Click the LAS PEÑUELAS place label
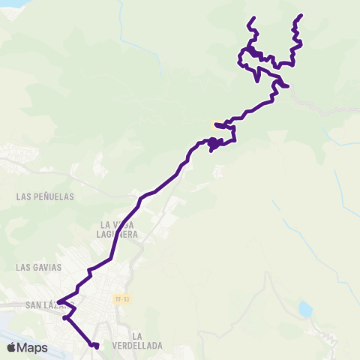[x=44, y=196]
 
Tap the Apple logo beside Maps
[x=10, y=347]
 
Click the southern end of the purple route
[x=97, y=346]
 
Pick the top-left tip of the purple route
[x=253, y=17]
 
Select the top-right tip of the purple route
[x=301, y=15]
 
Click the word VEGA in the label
[x=123, y=224]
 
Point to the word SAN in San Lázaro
[x=34, y=305]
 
